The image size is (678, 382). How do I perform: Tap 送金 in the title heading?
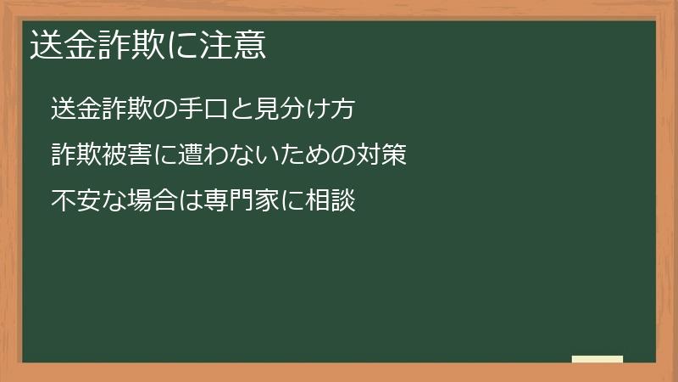coord(62,45)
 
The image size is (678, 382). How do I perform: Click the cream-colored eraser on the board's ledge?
coord(597,359)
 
